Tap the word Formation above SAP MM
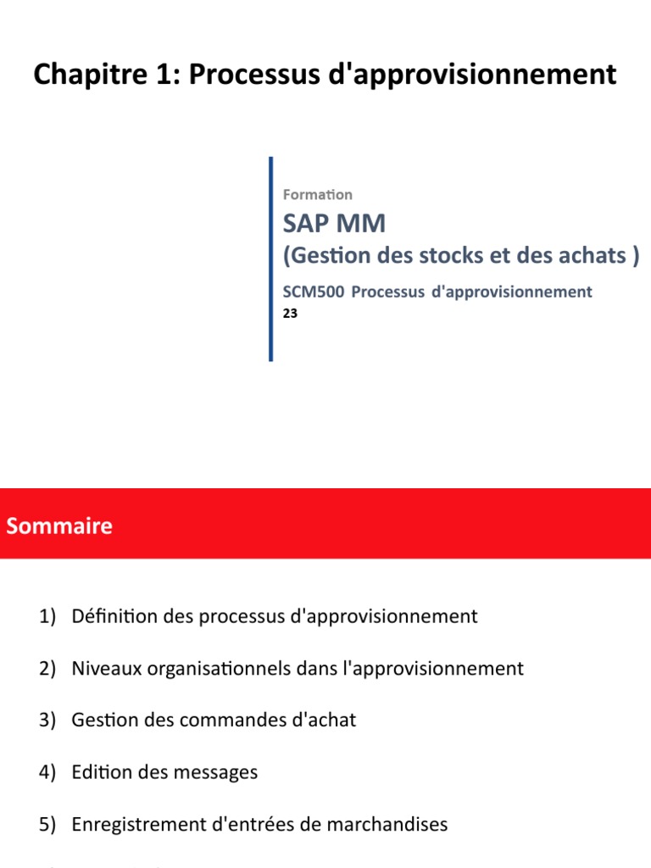pos(317,195)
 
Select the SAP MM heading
pos(334,224)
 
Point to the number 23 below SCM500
pos(290,312)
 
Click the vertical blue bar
pos(270,259)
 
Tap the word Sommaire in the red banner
pos(59,526)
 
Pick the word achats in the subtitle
pos(592,254)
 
